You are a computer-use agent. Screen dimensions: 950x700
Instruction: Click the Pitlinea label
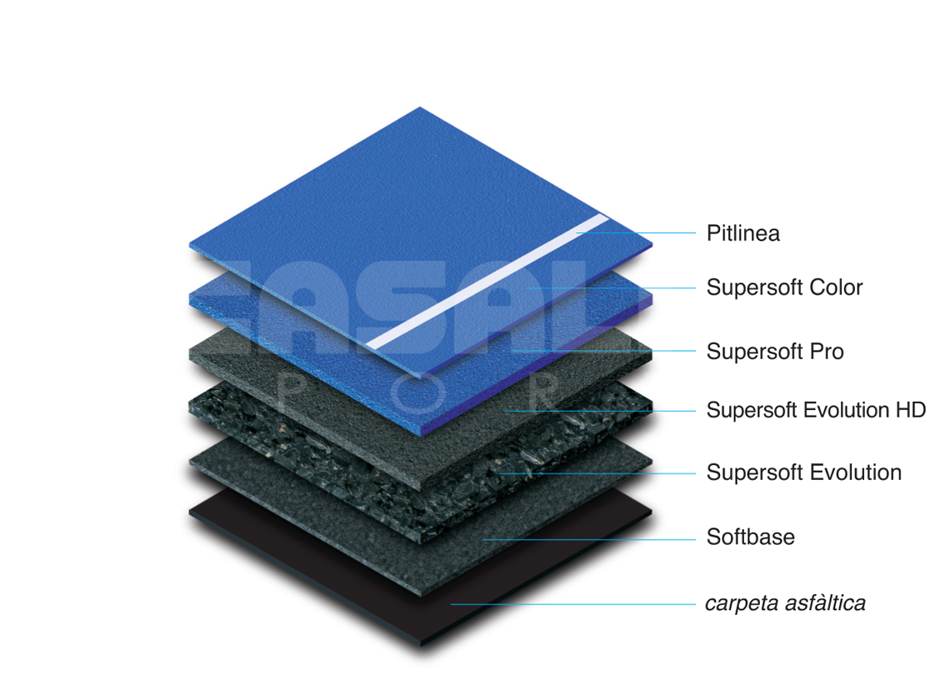tap(742, 233)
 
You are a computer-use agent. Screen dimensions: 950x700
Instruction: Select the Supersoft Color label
tap(784, 287)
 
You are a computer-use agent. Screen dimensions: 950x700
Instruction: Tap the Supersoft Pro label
tap(775, 352)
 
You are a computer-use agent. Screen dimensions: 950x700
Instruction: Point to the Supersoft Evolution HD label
tap(816, 410)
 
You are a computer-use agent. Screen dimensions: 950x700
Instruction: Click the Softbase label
tap(750, 537)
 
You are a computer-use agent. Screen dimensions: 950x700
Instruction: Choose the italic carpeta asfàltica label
tap(785, 603)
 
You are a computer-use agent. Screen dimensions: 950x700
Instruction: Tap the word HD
tap(911, 410)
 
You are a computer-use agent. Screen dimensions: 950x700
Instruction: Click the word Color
tap(836, 287)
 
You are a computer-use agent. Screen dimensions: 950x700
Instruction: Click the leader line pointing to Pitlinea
tap(636, 232)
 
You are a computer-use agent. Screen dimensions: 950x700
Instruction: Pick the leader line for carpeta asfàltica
tap(573, 604)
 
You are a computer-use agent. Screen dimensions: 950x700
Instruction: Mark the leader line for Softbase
tap(589, 539)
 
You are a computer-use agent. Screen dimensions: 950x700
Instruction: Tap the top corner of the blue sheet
tap(420, 107)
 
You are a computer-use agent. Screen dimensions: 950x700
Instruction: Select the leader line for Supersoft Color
tap(611, 287)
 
